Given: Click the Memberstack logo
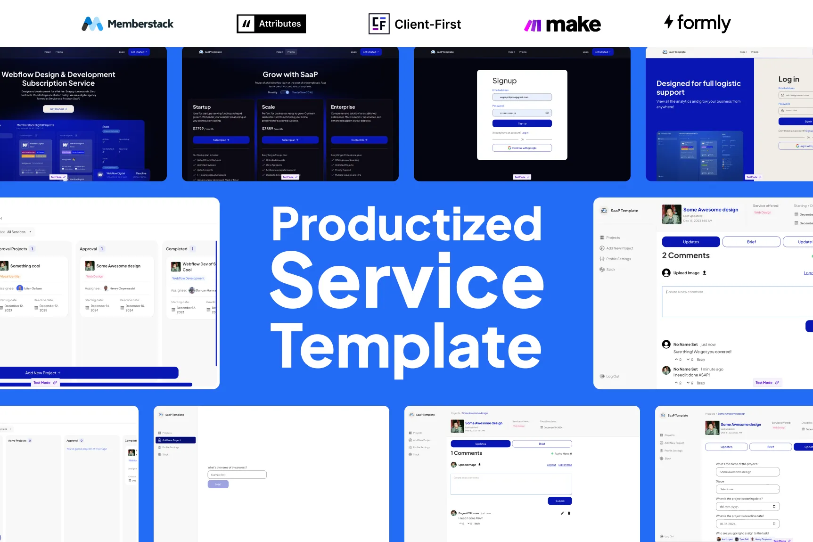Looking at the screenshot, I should click(x=128, y=24).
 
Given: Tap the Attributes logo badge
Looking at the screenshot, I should click(x=271, y=24).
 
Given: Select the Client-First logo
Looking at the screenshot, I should click(x=415, y=24).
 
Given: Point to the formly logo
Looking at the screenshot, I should click(x=698, y=23).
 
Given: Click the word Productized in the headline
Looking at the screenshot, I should click(x=406, y=225).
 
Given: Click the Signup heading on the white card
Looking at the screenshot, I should click(x=504, y=81).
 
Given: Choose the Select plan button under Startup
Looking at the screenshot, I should click(x=221, y=140).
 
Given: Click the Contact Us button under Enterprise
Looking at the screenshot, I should click(x=359, y=140).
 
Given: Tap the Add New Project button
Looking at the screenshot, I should click(x=89, y=373).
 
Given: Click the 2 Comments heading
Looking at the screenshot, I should click(x=686, y=255).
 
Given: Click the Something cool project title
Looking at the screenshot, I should click(x=25, y=266).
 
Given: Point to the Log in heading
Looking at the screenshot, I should click(x=788, y=79).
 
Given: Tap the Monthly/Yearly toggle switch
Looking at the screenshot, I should click(x=285, y=92).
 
